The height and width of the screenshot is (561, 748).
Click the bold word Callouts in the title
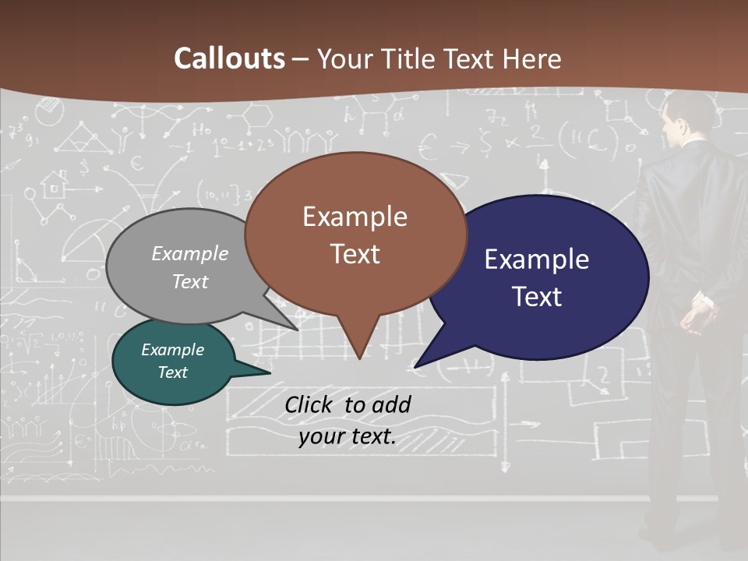(229, 58)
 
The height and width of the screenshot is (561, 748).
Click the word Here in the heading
(532, 58)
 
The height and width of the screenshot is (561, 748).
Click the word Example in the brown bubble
(355, 217)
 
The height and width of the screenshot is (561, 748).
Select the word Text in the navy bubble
(538, 297)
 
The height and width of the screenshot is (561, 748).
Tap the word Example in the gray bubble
(190, 253)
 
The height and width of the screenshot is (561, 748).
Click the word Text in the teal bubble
(173, 372)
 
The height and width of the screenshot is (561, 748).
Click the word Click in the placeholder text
(309, 404)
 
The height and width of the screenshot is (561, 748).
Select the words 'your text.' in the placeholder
(348, 436)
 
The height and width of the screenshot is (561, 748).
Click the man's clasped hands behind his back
(698, 312)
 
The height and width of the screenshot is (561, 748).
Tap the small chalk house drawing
(55, 185)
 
